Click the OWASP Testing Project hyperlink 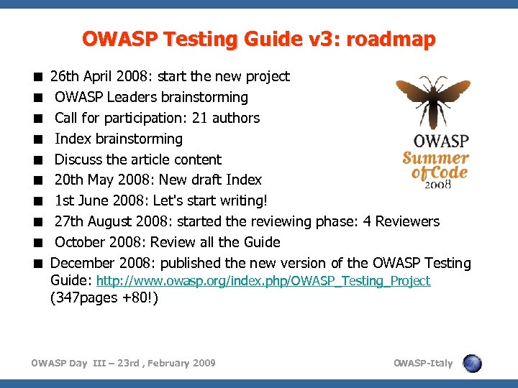click(x=263, y=281)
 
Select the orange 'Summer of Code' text click(x=436, y=165)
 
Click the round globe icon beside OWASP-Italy click(x=472, y=363)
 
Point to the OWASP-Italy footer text click(x=423, y=363)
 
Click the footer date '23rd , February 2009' click(x=163, y=363)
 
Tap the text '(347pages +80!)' click(x=104, y=297)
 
